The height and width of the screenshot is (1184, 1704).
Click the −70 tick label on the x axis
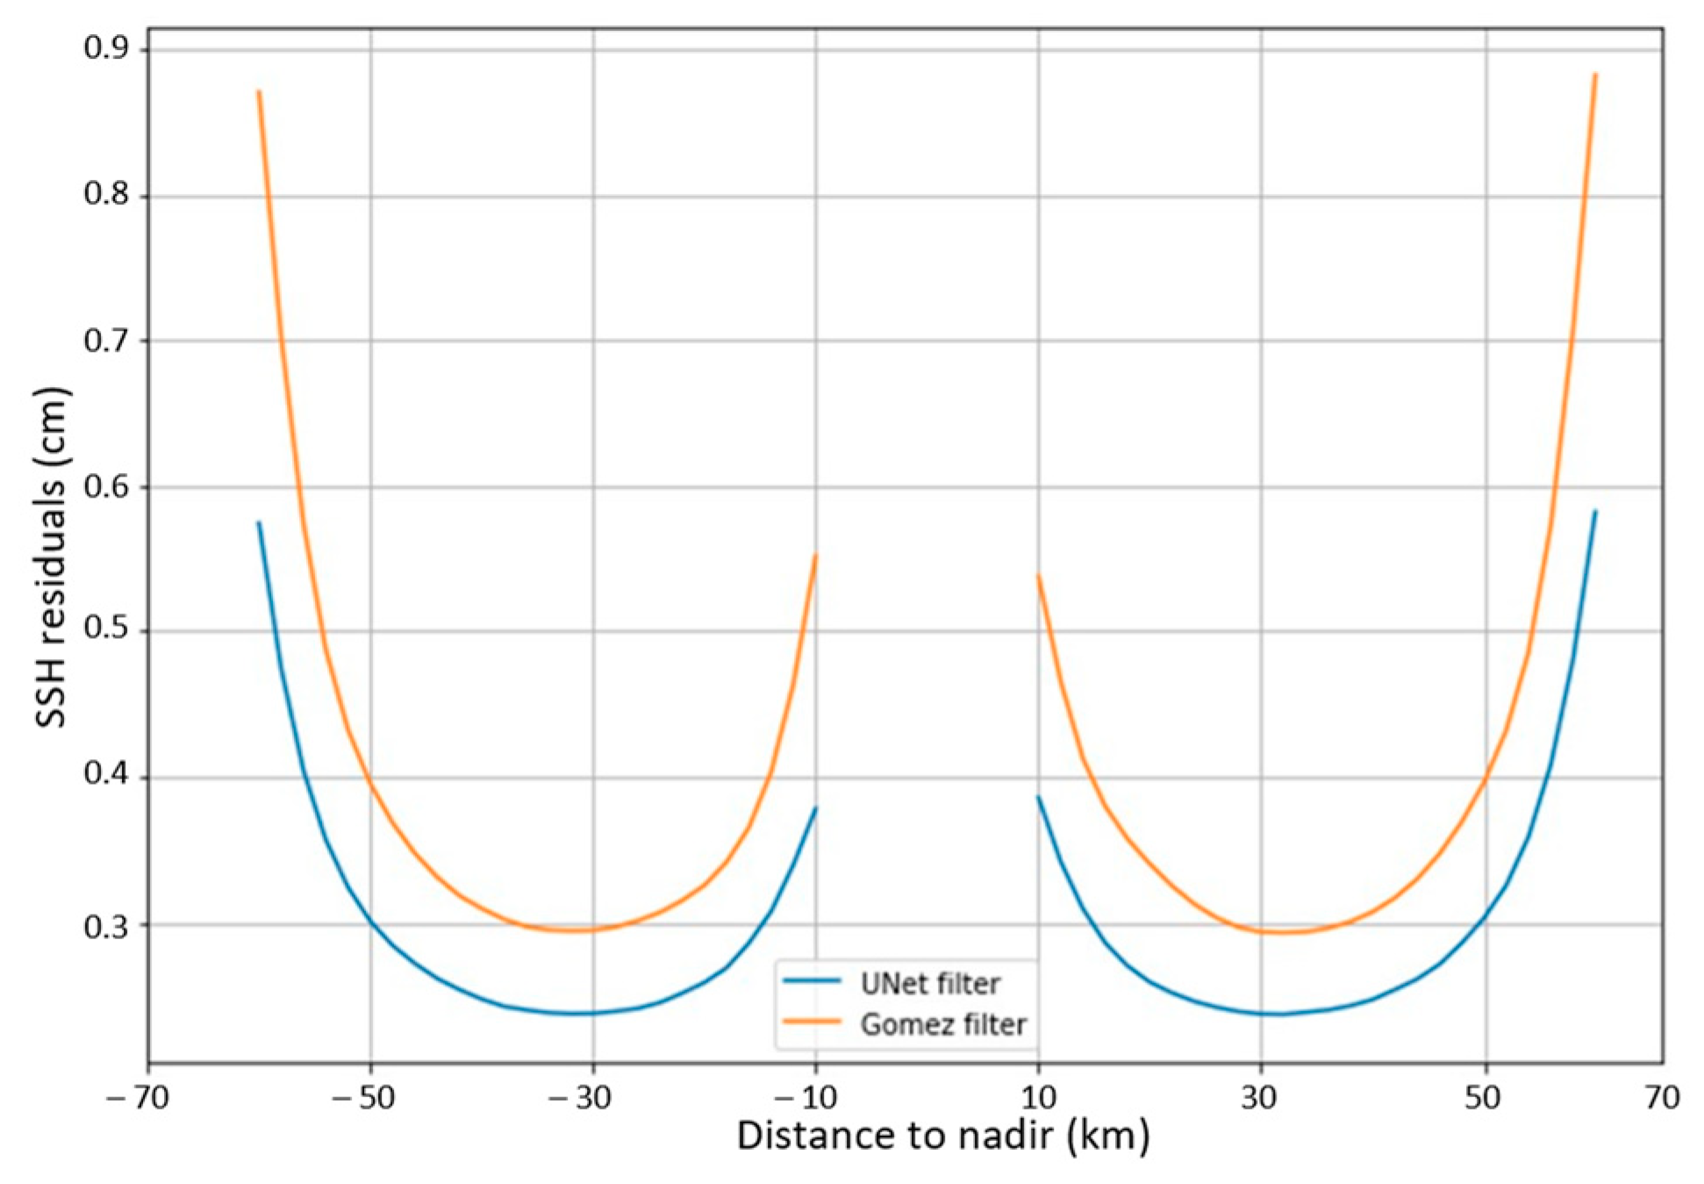(x=138, y=1097)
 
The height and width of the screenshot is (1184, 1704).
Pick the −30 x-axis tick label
(x=582, y=1097)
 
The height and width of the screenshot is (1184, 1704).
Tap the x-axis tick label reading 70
(x=1662, y=1097)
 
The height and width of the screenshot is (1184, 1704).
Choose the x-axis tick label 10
(x=1038, y=1097)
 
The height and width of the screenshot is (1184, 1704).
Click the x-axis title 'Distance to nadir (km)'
(x=942, y=1136)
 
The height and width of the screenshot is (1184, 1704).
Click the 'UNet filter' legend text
(x=929, y=984)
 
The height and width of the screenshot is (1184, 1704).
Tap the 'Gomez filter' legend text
(x=942, y=1024)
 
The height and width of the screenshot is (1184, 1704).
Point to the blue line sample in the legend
(x=812, y=981)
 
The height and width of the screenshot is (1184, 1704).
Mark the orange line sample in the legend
(x=812, y=1022)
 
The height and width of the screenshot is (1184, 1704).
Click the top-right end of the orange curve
(x=1595, y=75)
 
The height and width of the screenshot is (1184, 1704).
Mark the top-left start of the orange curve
(x=258, y=91)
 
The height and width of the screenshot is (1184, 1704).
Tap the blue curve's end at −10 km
(x=815, y=808)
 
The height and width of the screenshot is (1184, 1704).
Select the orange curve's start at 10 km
(x=1038, y=576)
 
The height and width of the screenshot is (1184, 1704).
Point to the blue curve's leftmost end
(x=258, y=523)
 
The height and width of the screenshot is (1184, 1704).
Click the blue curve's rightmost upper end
(x=1595, y=512)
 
